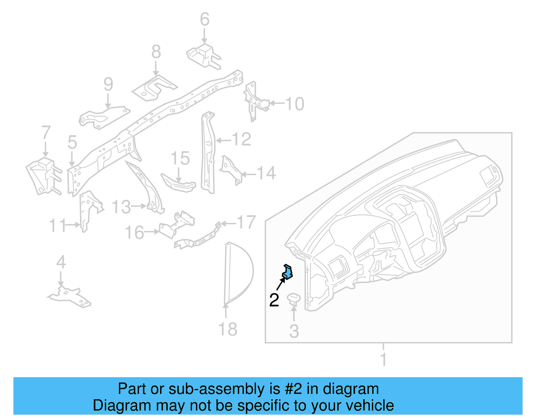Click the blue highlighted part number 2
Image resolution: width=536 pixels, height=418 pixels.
[x=288, y=271]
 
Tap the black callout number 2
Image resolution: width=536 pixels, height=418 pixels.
[x=274, y=300]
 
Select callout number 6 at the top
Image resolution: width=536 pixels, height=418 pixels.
[x=205, y=19]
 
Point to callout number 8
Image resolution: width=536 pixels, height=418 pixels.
[x=156, y=52]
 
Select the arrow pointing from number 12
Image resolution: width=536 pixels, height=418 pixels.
[x=223, y=141]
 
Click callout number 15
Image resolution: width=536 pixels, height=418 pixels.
[x=180, y=158]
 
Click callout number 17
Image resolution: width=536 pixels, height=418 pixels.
[x=246, y=223]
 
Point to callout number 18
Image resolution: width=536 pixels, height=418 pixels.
[x=228, y=329]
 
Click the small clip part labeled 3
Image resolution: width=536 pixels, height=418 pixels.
[x=294, y=298]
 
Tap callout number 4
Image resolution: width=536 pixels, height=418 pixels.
[x=61, y=262]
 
